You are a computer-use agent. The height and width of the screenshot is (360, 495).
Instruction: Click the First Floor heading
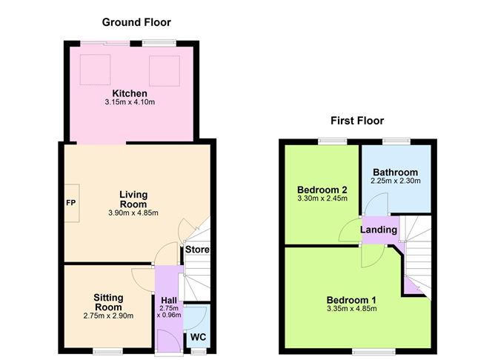(x=357, y=121)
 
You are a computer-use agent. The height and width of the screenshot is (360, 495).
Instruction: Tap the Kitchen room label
(x=130, y=93)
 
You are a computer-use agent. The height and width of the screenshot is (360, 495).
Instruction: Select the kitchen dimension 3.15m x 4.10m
(x=130, y=102)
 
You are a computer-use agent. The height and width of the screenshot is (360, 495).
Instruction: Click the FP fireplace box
(x=72, y=201)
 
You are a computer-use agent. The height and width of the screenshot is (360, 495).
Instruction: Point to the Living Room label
(x=133, y=199)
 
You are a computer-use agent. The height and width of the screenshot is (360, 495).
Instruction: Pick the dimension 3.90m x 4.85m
(x=133, y=213)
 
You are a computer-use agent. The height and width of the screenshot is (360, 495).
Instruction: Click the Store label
(x=197, y=250)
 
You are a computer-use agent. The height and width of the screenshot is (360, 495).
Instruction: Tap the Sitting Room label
(x=108, y=301)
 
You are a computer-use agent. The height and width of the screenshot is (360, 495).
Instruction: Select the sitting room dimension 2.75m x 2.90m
(x=108, y=316)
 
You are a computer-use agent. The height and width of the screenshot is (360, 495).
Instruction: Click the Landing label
(x=379, y=230)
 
